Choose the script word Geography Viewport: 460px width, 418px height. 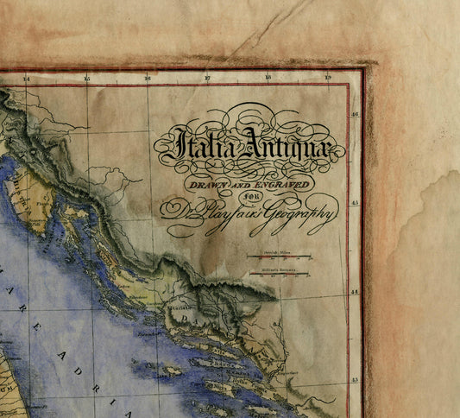(x=299, y=218)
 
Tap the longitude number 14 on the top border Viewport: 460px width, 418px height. (x=26, y=79)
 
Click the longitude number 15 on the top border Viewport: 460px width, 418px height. (x=86, y=79)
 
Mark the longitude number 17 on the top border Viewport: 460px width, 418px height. (x=207, y=79)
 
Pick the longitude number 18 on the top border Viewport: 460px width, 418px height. (x=268, y=79)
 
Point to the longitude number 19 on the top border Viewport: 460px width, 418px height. (x=327, y=79)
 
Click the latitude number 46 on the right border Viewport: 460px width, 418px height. (x=356, y=113)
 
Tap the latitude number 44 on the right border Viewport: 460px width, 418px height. (x=356, y=292)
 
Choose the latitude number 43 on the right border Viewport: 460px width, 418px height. (x=356, y=380)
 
